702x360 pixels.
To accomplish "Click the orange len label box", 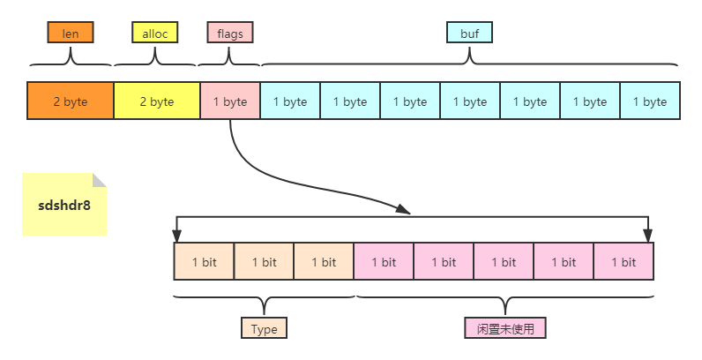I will [x=71, y=33].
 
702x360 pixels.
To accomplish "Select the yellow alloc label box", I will [x=154, y=33].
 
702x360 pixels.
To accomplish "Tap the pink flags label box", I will [x=230, y=33].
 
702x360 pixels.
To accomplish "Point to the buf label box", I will [x=469, y=33].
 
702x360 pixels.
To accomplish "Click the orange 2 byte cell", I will [x=71, y=101].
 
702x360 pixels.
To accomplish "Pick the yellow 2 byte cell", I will [x=157, y=101].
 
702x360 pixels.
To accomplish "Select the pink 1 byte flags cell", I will [x=230, y=101].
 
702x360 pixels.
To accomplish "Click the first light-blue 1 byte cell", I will [x=290, y=101].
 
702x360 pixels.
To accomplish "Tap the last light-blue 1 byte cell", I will [x=650, y=101].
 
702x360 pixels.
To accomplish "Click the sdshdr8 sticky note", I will [x=64, y=204].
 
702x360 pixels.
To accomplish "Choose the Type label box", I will [x=264, y=329].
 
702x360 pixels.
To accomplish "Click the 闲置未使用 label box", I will [x=505, y=329].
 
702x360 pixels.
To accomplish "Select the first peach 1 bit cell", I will [x=204, y=261].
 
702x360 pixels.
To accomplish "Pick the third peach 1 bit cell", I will [x=324, y=261].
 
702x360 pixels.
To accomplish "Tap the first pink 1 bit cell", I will [x=384, y=261].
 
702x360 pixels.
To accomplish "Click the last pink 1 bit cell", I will [x=624, y=261].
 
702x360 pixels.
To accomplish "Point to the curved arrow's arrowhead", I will [x=404, y=210].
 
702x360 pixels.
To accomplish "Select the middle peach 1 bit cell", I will [x=264, y=261].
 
